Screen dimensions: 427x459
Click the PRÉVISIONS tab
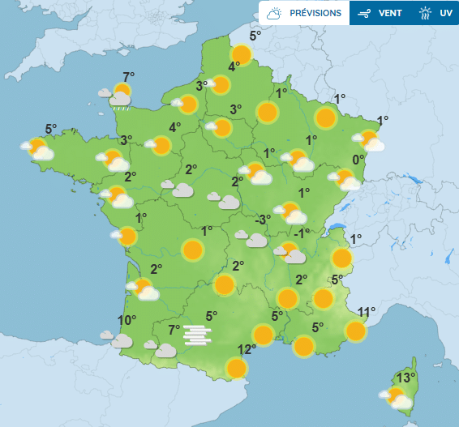pyautogui.click(x=304, y=13)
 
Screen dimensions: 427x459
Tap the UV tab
pyautogui.click(x=435, y=13)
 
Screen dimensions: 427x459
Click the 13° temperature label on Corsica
pyautogui.click(x=406, y=378)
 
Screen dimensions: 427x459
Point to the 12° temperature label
pyautogui.click(x=247, y=349)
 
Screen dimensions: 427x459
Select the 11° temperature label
pyautogui.click(x=367, y=312)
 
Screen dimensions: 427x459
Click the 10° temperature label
pyautogui.click(x=126, y=320)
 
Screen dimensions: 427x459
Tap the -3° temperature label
pyautogui.click(x=263, y=220)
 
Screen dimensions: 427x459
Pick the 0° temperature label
pyautogui.click(x=357, y=160)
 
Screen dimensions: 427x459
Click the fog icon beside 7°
pyautogui.click(x=198, y=334)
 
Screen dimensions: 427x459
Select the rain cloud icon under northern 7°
pyautogui.click(x=119, y=100)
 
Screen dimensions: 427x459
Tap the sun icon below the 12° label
pyautogui.click(x=236, y=369)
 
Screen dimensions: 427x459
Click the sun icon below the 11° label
pyautogui.click(x=355, y=331)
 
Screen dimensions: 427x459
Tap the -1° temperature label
pyautogui.click(x=302, y=233)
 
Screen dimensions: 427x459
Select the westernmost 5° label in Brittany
pyautogui.click(x=50, y=129)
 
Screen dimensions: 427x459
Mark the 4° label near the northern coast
pyautogui.click(x=234, y=67)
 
